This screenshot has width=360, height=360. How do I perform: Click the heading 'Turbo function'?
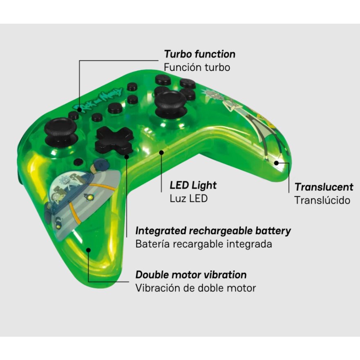[199, 54]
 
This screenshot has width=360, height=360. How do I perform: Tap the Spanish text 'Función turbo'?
[197, 67]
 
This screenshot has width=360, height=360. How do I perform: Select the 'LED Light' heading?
[193, 186]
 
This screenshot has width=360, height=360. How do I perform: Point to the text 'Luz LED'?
[189, 199]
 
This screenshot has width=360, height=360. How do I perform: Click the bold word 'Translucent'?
[324, 187]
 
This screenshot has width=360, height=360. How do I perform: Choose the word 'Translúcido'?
[322, 200]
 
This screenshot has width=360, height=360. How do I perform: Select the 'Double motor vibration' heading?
[191, 275]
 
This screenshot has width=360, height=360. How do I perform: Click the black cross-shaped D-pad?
[114, 140]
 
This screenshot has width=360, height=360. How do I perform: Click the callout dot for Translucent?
[276, 163]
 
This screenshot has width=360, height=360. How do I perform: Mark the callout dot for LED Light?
[161, 152]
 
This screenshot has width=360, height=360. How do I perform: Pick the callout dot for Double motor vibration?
[88, 250]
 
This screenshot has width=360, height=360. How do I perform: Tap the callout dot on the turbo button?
[79, 110]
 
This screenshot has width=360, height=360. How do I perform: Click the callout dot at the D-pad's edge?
[127, 157]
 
